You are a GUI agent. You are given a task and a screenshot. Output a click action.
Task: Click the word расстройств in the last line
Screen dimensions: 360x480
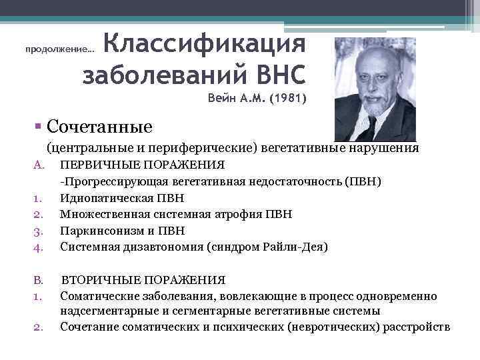coord(417,327)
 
